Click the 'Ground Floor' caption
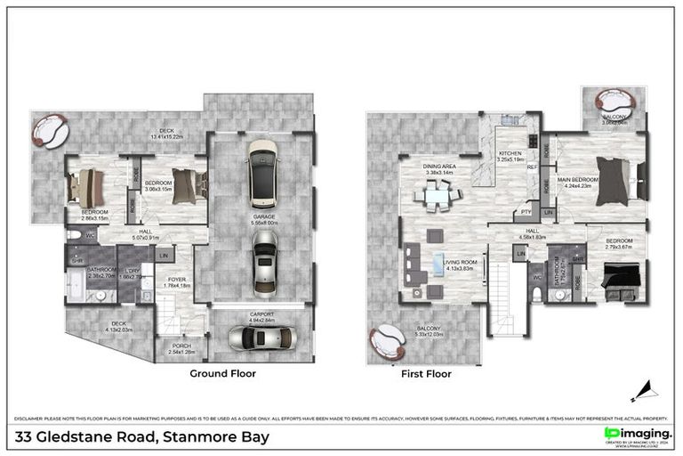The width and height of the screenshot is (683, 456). pos(224,374)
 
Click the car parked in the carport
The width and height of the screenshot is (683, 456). pos(259,338)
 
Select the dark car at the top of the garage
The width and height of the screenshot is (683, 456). pos(263,173)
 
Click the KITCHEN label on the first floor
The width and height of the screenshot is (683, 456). pos(510,154)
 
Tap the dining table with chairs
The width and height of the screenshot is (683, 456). pos(438,195)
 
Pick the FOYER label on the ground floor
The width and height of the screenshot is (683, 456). pos(178,279)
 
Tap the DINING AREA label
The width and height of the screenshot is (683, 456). pos(439,167)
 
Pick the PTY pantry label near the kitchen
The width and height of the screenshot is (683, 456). pos(526,212)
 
